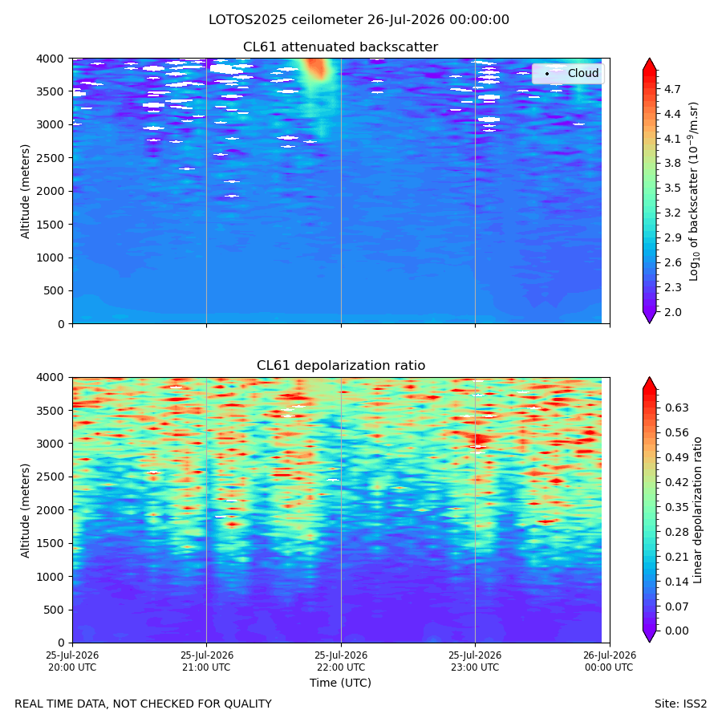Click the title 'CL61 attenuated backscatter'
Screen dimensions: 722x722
coord(340,47)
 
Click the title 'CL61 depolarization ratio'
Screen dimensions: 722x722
coord(341,365)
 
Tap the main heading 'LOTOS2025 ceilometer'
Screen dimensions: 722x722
coord(286,20)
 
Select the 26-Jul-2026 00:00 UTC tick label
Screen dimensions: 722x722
coord(610,661)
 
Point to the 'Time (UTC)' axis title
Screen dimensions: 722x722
coord(340,683)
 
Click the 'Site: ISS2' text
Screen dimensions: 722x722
coord(680,704)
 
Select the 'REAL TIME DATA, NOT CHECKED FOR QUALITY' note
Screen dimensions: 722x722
coord(144,704)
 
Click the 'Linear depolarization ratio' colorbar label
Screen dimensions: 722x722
coord(698,510)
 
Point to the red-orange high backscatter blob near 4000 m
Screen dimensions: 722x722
coord(317,68)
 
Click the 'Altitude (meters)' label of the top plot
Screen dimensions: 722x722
coord(26,191)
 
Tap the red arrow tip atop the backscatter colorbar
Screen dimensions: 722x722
coord(649,59)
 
